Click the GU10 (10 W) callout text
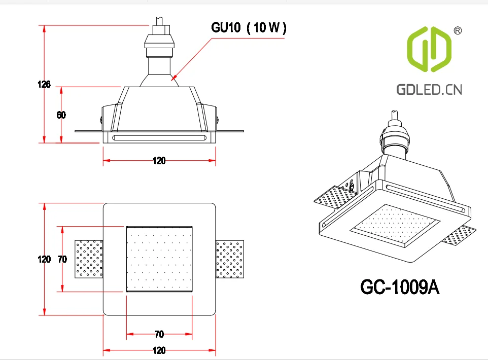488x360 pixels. point(249,28)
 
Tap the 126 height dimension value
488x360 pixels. point(44,85)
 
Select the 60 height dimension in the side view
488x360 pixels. point(61,115)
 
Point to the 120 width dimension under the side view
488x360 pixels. point(159,161)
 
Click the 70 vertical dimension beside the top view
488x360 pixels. point(62,259)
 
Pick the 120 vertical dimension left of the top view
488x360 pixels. point(44,259)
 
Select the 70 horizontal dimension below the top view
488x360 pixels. point(159,334)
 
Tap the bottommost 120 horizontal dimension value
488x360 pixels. point(159,350)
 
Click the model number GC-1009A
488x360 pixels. point(399,287)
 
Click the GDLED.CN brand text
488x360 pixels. point(429,90)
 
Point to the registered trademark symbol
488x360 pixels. point(457,31)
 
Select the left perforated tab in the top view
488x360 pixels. point(89,259)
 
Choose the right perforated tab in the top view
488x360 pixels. point(229,259)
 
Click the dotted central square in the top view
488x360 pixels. point(159,259)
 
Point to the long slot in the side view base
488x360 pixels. point(159,137)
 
